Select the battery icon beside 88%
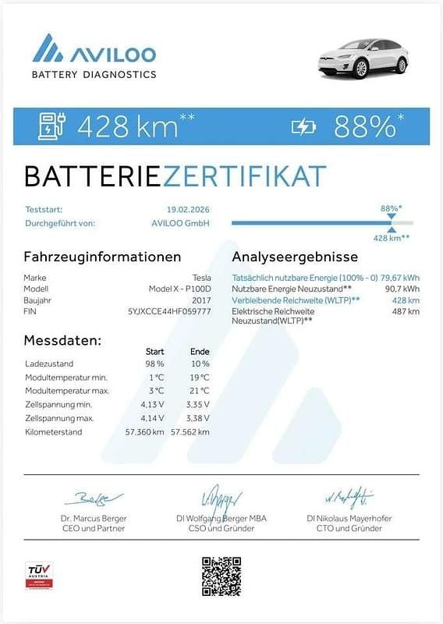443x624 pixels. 303,126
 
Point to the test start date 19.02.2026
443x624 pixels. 188,209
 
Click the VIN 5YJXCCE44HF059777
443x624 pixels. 168,310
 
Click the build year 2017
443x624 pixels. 201,300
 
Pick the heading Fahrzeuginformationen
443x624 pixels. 102,257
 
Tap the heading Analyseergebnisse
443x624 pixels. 295,257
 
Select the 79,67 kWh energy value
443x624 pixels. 399,278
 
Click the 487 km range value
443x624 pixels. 406,311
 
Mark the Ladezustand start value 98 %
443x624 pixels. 154,363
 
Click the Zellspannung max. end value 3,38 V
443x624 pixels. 198,418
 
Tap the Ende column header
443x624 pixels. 200,351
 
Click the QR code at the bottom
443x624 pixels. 221,576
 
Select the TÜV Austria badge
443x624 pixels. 39,576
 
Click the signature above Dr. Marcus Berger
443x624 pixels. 94,498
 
